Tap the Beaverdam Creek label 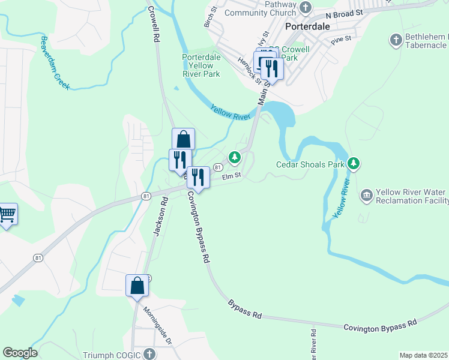[55, 64]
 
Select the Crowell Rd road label [154, 24]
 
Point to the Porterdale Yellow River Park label [202, 65]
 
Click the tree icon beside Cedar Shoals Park [354, 163]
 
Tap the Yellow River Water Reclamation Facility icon [366, 196]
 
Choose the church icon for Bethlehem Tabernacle [396, 40]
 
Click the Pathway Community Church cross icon [306, 7]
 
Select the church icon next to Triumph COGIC [149, 354]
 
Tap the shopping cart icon [7, 213]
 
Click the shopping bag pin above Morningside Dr [137, 285]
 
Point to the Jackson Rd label [158, 217]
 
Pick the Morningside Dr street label [157, 326]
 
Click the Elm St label [231, 176]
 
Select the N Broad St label [345, 13]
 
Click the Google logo [19, 353]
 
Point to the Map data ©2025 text [423, 355]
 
